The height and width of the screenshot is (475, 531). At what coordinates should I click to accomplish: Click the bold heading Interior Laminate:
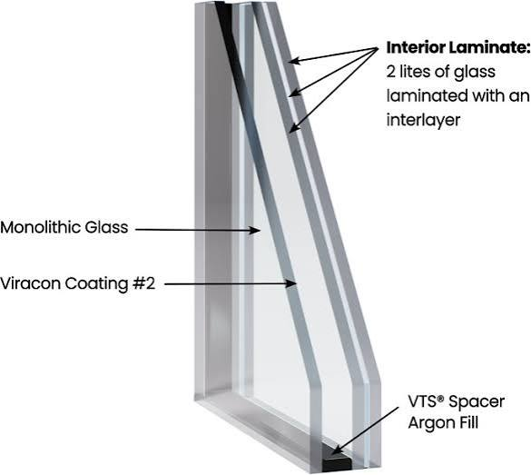coord(457,47)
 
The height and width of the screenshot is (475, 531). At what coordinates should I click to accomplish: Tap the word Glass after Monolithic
coord(106,227)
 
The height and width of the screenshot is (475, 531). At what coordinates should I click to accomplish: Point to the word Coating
coord(96,284)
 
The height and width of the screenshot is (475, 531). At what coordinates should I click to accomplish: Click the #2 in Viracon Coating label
coord(144,283)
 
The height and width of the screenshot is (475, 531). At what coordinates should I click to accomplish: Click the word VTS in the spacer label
coord(422,401)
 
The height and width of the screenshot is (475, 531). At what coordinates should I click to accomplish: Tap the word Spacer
coord(477,402)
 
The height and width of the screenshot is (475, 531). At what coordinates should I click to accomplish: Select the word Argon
coord(429,423)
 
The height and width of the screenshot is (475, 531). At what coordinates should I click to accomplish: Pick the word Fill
coord(468,423)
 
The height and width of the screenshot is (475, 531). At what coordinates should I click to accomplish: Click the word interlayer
coord(423,120)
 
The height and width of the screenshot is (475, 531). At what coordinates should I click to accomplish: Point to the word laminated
coord(427,95)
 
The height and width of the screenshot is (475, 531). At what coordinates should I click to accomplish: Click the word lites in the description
coord(415,72)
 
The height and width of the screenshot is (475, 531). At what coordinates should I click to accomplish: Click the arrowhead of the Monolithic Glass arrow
coord(255,231)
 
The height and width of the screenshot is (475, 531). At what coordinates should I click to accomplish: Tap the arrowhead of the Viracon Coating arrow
coord(291,283)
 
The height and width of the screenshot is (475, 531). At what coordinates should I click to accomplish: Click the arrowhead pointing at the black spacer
coord(336,450)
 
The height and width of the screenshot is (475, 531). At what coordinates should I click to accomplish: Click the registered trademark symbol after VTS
coord(440,399)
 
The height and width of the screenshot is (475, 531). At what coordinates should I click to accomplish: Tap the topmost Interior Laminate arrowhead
coord(295,61)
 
